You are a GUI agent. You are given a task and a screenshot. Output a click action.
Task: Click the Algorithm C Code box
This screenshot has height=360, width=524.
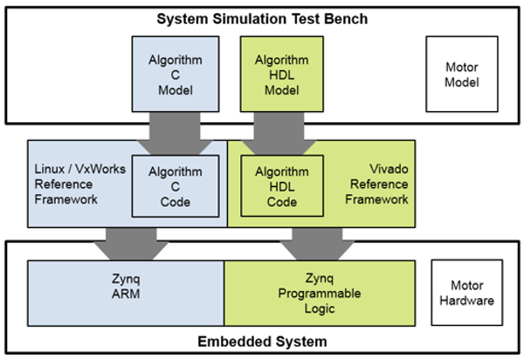175,185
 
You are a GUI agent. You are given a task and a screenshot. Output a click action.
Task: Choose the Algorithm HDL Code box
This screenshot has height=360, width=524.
280,185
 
